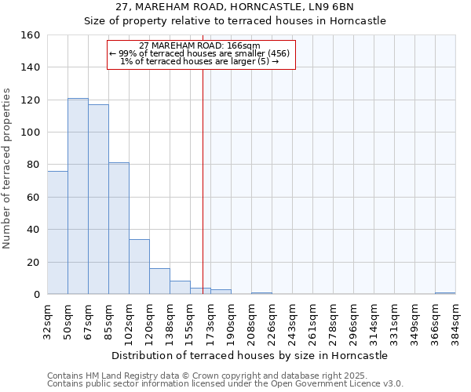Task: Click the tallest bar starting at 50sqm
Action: [x=78, y=196]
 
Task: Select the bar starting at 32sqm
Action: [x=57, y=233]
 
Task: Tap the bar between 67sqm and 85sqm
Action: [x=98, y=199]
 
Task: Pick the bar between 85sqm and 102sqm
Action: [x=119, y=228]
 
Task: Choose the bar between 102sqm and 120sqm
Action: [x=139, y=267]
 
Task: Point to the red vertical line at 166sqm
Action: [x=203, y=172]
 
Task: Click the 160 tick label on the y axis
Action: [x=31, y=35]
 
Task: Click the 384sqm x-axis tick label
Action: [x=455, y=320]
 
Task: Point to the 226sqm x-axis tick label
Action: [x=272, y=320]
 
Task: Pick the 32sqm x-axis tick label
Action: [x=47, y=320]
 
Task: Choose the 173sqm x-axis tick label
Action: [x=210, y=320]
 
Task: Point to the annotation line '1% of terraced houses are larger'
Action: [x=199, y=61]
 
